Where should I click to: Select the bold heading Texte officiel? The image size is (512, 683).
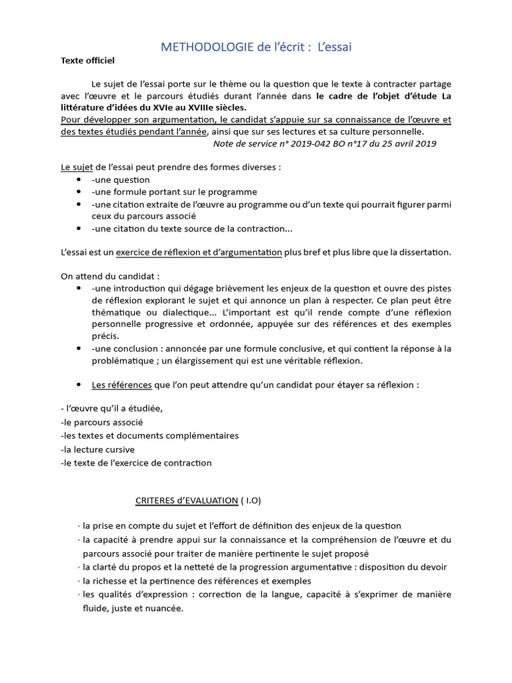(87, 61)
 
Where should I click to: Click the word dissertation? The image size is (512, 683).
(423, 252)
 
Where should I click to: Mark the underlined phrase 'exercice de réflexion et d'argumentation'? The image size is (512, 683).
(199, 252)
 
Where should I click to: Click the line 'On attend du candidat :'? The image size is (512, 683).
(110, 276)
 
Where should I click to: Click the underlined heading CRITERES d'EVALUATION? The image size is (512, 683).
(187, 500)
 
